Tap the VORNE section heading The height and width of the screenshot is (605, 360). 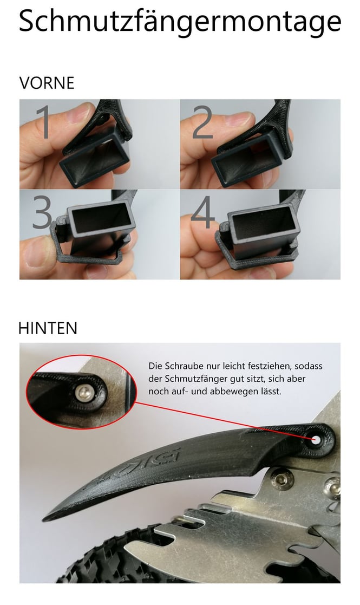47,83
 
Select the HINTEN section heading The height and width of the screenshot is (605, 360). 48,328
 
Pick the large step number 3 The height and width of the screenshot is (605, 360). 42,211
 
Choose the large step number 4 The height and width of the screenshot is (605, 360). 203,211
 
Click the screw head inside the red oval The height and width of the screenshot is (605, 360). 84,393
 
